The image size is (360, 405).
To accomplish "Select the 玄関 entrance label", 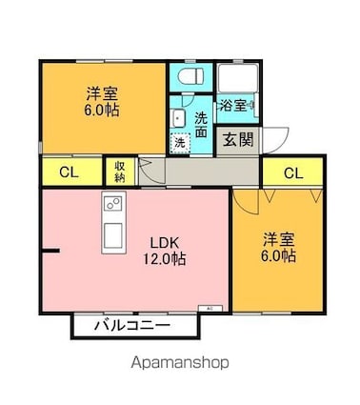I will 238,139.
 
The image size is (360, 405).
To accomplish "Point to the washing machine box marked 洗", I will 180,142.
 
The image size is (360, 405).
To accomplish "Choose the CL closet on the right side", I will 293,172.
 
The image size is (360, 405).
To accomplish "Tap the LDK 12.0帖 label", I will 165,250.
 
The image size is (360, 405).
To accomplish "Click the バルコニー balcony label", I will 133,326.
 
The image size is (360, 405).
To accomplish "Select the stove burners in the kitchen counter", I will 113,205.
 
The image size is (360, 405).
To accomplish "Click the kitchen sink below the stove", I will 113,234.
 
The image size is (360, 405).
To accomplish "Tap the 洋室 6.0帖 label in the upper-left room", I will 98,101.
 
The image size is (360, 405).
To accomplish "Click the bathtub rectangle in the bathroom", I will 238,77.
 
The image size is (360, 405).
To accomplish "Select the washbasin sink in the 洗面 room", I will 178,118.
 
